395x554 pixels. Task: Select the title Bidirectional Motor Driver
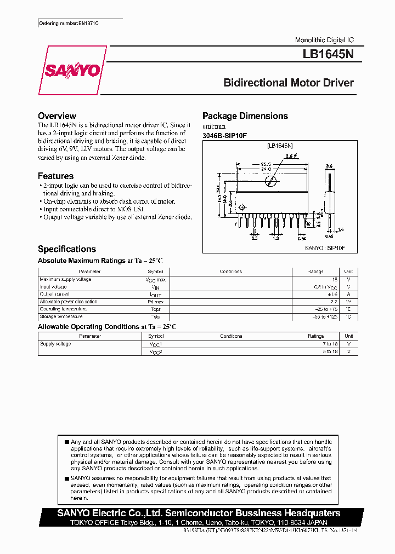click(288, 83)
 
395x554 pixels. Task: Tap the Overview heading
click(57, 116)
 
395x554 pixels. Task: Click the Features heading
click(55, 176)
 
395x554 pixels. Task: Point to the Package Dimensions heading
click(245, 116)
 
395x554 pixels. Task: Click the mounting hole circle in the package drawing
click(270, 181)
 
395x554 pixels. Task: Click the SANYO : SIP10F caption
click(324, 248)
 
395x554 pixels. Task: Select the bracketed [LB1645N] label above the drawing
click(280, 146)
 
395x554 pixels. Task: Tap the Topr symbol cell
click(155, 309)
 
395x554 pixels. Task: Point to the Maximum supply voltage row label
click(65, 280)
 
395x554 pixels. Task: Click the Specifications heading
click(67, 249)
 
